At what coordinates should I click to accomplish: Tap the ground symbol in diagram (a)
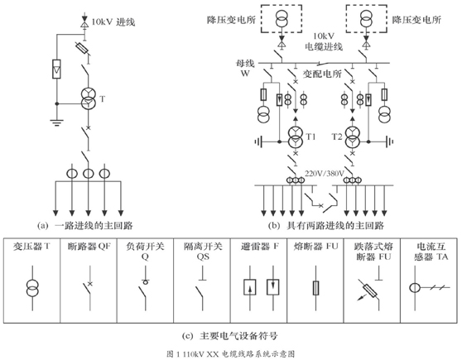point(57,122)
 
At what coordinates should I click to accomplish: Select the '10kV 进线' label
point(113,22)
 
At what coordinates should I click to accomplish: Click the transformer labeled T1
point(296,137)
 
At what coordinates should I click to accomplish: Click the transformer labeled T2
point(352,137)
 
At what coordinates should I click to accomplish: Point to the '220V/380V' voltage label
point(324,174)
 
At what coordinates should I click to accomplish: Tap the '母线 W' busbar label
point(245,68)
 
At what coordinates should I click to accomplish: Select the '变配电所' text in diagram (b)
point(322,74)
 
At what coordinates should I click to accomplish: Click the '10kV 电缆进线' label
point(324,41)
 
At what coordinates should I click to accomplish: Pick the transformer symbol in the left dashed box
point(282,18)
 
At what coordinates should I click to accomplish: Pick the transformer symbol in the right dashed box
point(366,18)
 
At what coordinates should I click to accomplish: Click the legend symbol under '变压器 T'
point(32,288)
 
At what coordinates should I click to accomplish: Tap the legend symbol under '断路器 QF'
point(89,288)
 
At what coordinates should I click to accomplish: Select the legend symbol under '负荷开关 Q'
point(145,288)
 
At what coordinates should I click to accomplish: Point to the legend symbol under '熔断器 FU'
point(315,288)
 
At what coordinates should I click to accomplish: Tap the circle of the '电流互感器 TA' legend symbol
point(415,287)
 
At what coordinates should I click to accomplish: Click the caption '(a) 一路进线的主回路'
point(85,226)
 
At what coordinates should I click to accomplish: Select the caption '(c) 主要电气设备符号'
point(230,335)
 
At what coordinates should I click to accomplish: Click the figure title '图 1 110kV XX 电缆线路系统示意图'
point(231,353)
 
